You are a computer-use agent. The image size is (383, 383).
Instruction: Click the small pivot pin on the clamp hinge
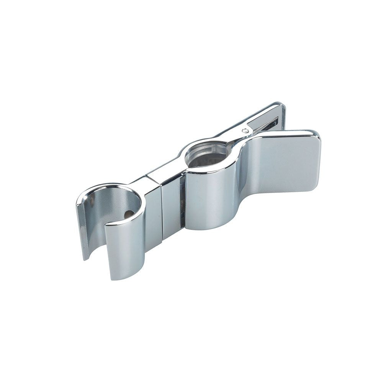pos(245,131)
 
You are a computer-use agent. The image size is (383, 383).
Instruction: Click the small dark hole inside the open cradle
pos(129,214)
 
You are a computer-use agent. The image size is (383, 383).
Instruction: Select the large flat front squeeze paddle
pos(283,165)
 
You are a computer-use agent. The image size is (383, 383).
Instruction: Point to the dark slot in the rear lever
pos(268,124)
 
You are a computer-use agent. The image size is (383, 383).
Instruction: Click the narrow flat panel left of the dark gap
pos(170,211)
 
